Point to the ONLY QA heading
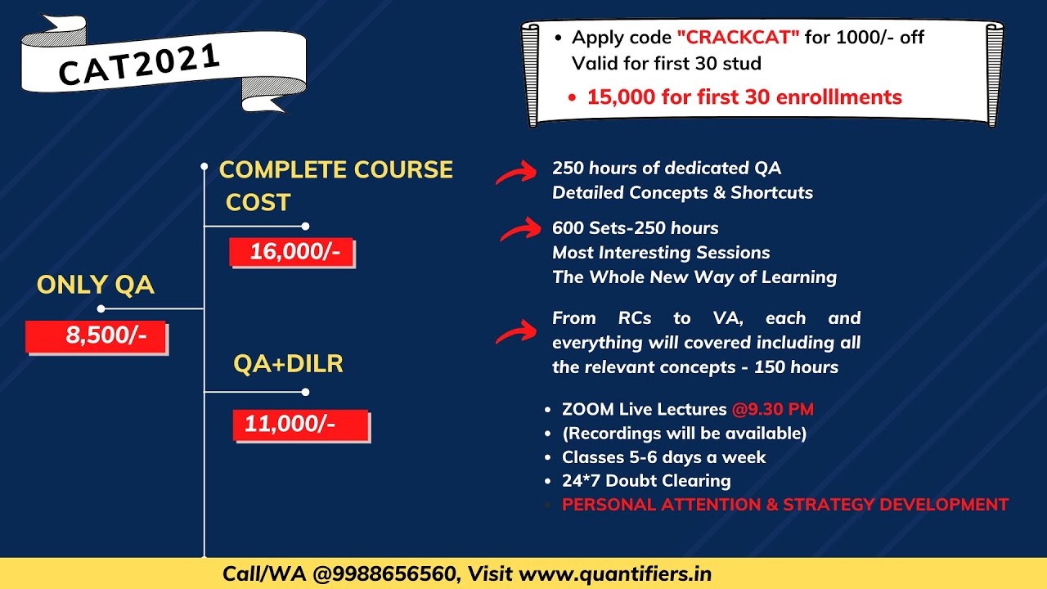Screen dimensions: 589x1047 [x=96, y=285]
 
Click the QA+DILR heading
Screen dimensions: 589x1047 [x=288, y=364]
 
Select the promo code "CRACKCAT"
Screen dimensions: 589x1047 [x=737, y=38]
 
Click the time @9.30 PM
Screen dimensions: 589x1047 [x=772, y=409]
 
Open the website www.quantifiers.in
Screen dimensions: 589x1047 [x=615, y=574]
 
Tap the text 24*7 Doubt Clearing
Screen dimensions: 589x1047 [x=646, y=480]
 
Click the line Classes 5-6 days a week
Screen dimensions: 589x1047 [x=663, y=456]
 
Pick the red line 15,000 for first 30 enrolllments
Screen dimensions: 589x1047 [x=744, y=97]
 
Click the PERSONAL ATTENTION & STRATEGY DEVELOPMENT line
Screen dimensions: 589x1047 [x=785, y=505]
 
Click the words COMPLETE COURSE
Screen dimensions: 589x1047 [x=336, y=170]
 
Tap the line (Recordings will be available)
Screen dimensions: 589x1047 [x=684, y=433]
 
